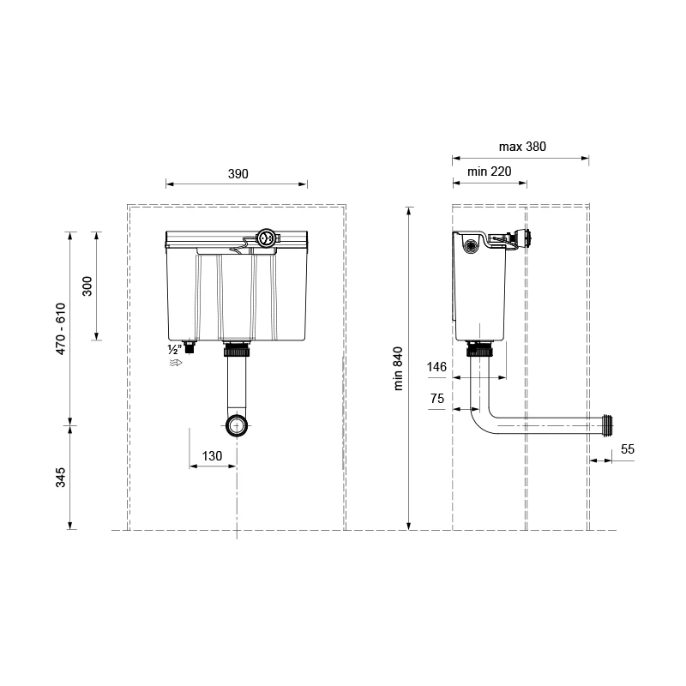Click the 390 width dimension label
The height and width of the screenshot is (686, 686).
[x=238, y=174]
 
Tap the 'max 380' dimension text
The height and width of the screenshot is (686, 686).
[x=522, y=147]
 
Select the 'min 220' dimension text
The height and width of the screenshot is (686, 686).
[x=489, y=171]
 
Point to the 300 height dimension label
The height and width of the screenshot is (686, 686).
[x=87, y=286]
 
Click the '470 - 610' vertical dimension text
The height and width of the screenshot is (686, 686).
[x=60, y=328]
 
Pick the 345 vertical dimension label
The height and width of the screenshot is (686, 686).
[x=60, y=478]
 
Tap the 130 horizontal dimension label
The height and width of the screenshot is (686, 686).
[x=212, y=456]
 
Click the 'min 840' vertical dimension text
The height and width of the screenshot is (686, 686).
[x=398, y=369]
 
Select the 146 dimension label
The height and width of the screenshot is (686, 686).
[x=436, y=367]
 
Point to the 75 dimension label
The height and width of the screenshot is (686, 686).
[x=437, y=399]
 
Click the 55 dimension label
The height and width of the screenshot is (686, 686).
[x=628, y=449]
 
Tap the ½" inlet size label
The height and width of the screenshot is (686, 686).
[x=174, y=350]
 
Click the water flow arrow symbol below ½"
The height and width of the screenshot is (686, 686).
[x=176, y=363]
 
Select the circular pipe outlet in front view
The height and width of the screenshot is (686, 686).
[x=237, y=425]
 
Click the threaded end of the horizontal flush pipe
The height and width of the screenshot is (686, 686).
[x=607, y=424]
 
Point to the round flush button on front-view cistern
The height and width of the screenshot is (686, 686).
[x=266, y=238]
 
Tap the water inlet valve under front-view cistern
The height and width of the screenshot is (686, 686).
[x=190, y=347]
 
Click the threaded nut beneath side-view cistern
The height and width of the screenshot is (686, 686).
[x=480, y=349]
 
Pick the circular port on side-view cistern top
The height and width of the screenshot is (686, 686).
[x=471, y=246]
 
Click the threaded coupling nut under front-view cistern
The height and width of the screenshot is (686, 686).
[x=237, y=350]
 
